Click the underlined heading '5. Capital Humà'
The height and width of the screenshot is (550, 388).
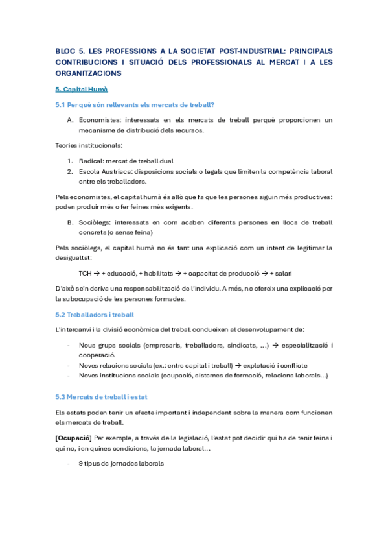pos(82,89)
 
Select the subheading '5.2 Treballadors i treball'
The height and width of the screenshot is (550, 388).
pos(95,315)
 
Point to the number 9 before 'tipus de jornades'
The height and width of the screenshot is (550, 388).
pos(80,464)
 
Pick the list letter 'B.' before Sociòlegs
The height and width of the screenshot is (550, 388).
pos(70,222)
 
